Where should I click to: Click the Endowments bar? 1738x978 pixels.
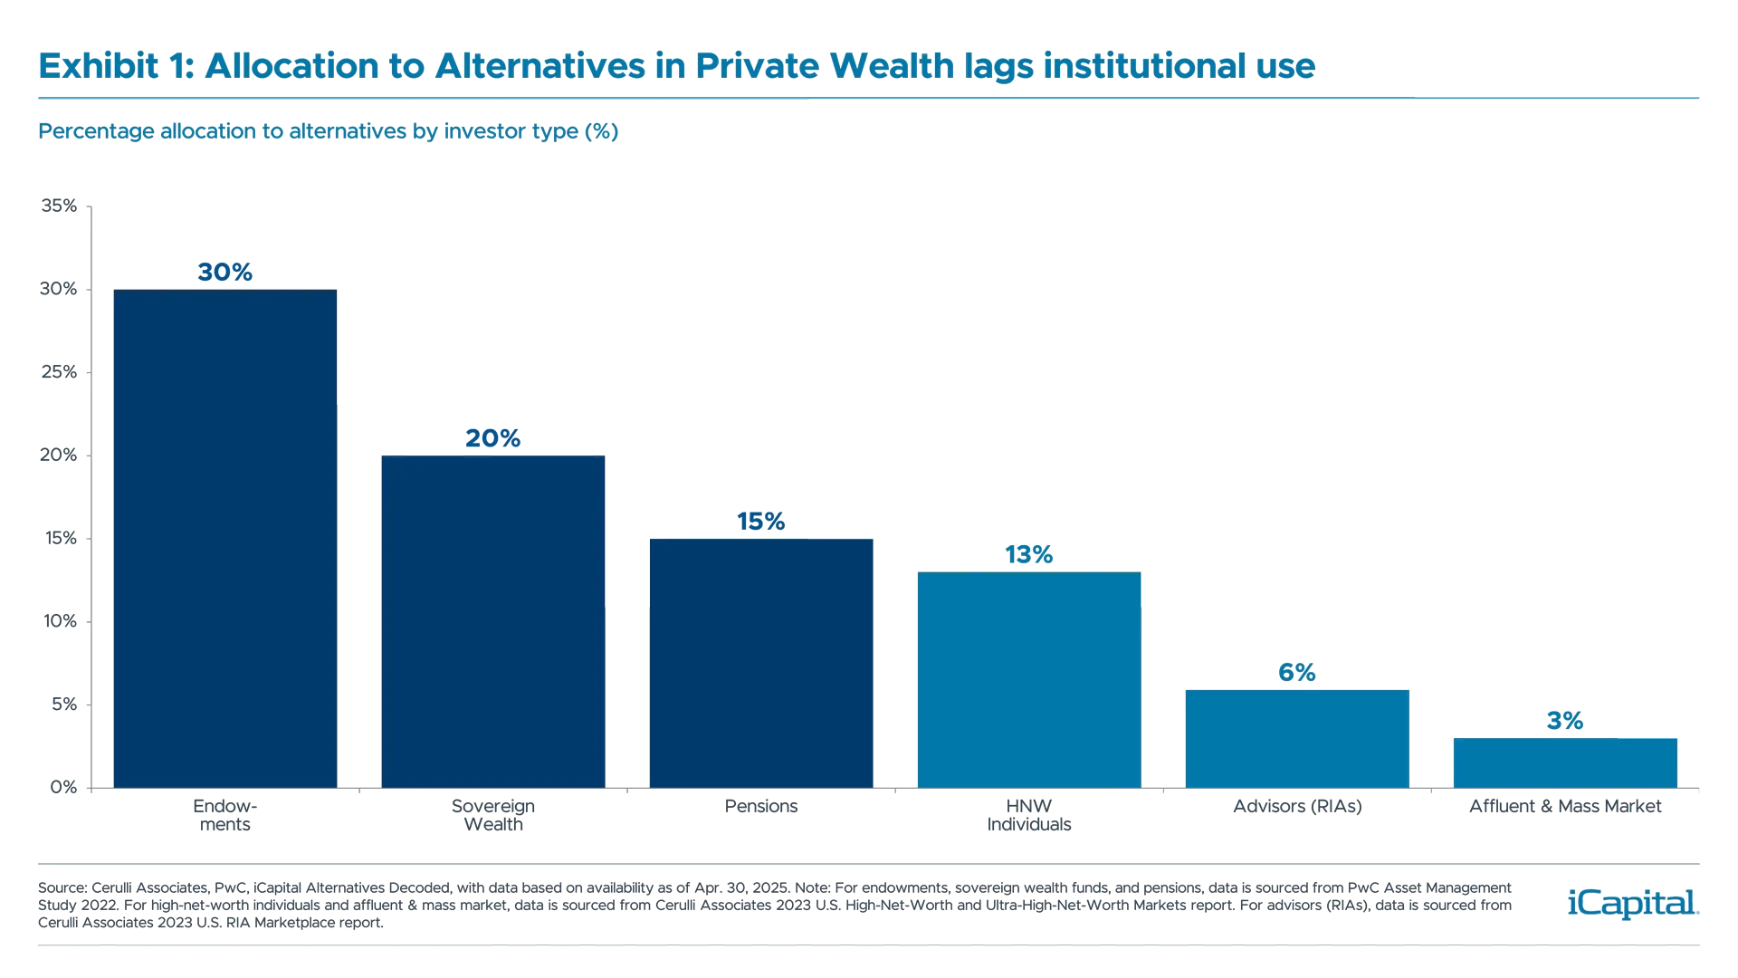[x=224, y=538]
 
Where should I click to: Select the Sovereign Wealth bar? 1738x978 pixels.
[x=492, y=620]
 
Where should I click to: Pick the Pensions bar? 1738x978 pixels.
[x=760, y=662]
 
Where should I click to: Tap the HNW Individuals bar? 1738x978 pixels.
[x=1029, y=679]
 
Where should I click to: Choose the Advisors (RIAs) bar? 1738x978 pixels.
[x=1297, y=738]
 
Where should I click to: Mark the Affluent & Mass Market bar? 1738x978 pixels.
[x=1565, y=762]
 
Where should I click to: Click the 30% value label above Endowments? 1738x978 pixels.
[x=224, y=272]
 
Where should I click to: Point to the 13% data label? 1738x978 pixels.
[x=1029, y=554]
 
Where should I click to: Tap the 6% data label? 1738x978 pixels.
[x=1296, y=672]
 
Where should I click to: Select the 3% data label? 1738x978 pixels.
[x=1565, y=721]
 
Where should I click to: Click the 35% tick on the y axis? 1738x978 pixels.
[x=60, y=206]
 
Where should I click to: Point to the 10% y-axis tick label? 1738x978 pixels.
[x=60, y=621]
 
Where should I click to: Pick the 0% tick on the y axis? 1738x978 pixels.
[x=63, y=787]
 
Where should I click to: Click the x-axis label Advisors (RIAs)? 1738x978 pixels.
[x=1297, y=806]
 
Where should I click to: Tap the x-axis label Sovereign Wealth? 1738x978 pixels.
[x=492, y=815]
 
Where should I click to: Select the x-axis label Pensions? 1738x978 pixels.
[x=760, y=806]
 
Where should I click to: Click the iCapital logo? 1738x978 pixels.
[x=1630, y=903]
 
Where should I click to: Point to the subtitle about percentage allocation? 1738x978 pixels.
[x=328, y=131]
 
